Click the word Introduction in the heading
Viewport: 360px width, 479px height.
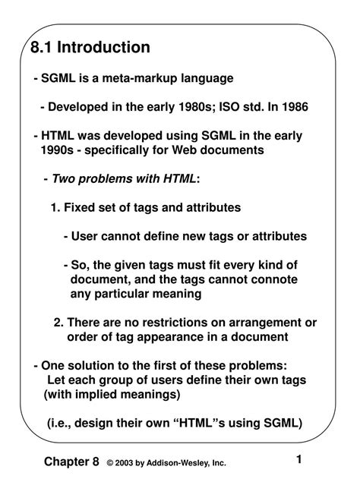tap(104, 48)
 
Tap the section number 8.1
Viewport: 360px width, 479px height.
tap(43, 48)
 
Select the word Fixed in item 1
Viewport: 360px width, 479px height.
tap(81, 207)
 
